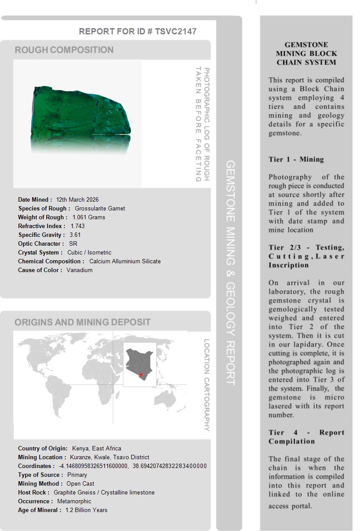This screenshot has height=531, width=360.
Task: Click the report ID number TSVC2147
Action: coord(175,31)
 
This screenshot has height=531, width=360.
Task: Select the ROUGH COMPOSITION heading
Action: coord(64,50)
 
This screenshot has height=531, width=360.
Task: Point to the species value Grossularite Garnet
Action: coord(100,208)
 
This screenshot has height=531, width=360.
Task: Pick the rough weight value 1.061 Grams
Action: coord(89,217)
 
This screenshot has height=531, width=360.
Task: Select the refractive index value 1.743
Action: coord(78,226)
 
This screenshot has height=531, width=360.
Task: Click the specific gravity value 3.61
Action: coord(75,235)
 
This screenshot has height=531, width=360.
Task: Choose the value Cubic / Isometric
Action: coord(89,252)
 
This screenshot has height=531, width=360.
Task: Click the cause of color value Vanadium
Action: coord(79,270)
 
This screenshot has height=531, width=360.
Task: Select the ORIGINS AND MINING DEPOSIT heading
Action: coord(82,322)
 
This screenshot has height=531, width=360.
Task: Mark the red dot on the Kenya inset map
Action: coord(141,375)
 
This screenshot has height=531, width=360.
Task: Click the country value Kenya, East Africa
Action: coord(96,448)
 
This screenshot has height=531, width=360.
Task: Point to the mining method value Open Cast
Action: coord(80,483)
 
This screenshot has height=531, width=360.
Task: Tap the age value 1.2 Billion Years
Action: coord(86,510)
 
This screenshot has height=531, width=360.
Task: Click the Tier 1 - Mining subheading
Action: coord(296,159)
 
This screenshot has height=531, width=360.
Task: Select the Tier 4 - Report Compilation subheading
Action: coord(306,437)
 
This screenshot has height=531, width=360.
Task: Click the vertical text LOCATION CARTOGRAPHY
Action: coord(206,385)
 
